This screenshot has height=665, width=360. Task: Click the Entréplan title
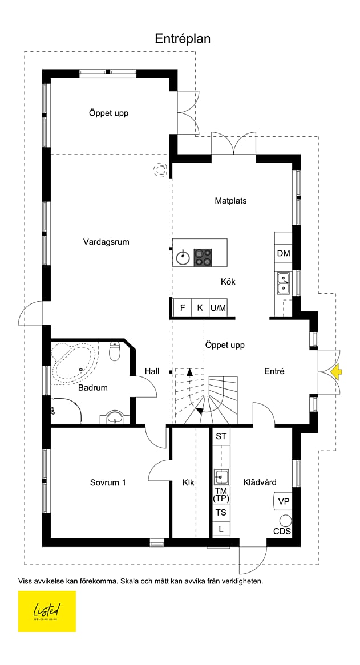pos(183,39)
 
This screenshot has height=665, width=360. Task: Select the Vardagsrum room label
pos(106,242)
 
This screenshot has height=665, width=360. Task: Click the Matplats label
pos(230,201)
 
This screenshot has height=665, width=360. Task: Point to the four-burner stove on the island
pos(203,257)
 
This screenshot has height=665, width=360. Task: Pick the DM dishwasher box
pos(283,254)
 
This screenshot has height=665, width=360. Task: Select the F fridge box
pos(183,308)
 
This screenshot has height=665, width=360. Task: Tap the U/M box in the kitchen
pos(218,308)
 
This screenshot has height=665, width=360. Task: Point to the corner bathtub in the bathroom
pos(75,363)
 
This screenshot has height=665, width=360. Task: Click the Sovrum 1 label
pos(108,482)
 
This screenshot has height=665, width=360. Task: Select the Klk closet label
pos(188,482)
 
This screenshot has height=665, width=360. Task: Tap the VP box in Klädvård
pos(283,501)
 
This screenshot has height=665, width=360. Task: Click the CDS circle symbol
pos(286,521)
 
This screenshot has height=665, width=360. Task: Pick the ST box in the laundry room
pos(221,436)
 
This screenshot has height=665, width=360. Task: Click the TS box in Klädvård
pos(221,512)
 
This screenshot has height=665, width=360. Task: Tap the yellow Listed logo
pos(47,611)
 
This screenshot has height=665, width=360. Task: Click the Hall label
pos(152,371)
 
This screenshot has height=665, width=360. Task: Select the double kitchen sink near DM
pos(283,283)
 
